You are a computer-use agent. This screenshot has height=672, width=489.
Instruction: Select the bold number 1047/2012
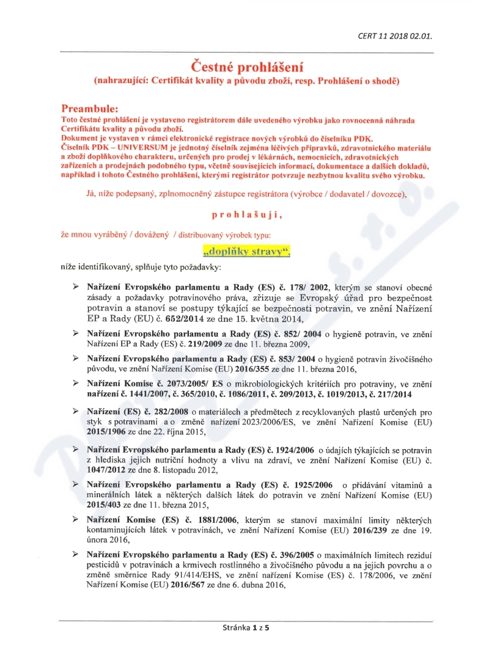106,470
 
